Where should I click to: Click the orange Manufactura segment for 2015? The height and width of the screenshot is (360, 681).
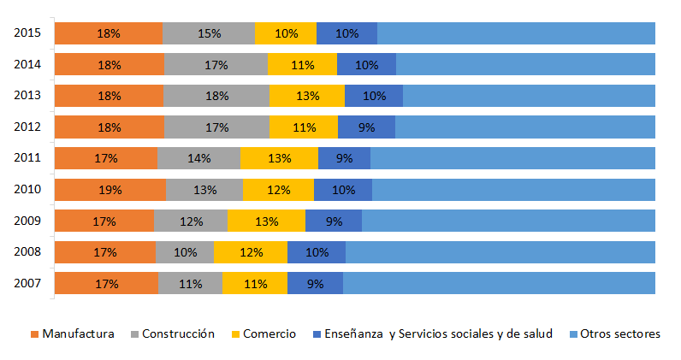click(x=109, y=33)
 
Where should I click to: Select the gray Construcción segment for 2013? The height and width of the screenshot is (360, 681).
click(x=216, y=96)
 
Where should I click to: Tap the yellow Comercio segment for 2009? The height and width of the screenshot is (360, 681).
click(x=266, y=221)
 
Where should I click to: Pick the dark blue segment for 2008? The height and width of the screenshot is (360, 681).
click(x=317, y=252)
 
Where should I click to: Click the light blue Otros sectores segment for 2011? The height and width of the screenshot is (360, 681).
click(x=513, y=158)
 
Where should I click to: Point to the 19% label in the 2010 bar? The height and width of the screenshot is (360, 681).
click(x=109, y=190)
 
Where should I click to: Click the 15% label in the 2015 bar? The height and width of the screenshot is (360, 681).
click(x=209, y=33)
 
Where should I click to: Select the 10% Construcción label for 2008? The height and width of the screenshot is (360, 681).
click(x=185, y=252)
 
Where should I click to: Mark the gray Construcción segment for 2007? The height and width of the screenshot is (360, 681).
click(x=190, y=283)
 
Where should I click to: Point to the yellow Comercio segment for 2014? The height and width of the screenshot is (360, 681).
click(x=302, y=65)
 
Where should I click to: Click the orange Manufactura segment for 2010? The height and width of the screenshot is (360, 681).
click(x=110, y=190)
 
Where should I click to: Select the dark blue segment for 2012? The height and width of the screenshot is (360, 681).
click(x=366, y=127)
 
